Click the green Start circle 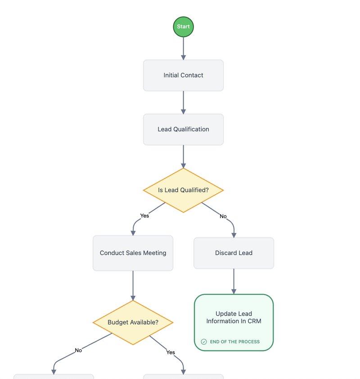coord(183,27)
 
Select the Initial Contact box coord(183,76)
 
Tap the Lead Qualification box coord(183,129)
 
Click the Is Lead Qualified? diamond coord(183,190)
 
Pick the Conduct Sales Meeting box coord(133,253)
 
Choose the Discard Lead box coord(234,253)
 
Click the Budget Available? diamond coord(133,322)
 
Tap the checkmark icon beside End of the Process coord(204,342)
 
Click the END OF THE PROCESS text coord(234,342)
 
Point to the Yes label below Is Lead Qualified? coord(144,216)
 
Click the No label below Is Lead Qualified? coord(223,216)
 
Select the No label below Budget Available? coord(78,350)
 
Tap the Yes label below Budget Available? coord(171,352)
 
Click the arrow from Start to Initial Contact coord(183,48)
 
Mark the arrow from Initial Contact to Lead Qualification coord(183,103)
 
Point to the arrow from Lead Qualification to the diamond coord(183,156)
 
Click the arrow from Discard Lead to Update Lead coord(234,281)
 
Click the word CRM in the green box coord(254,321)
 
